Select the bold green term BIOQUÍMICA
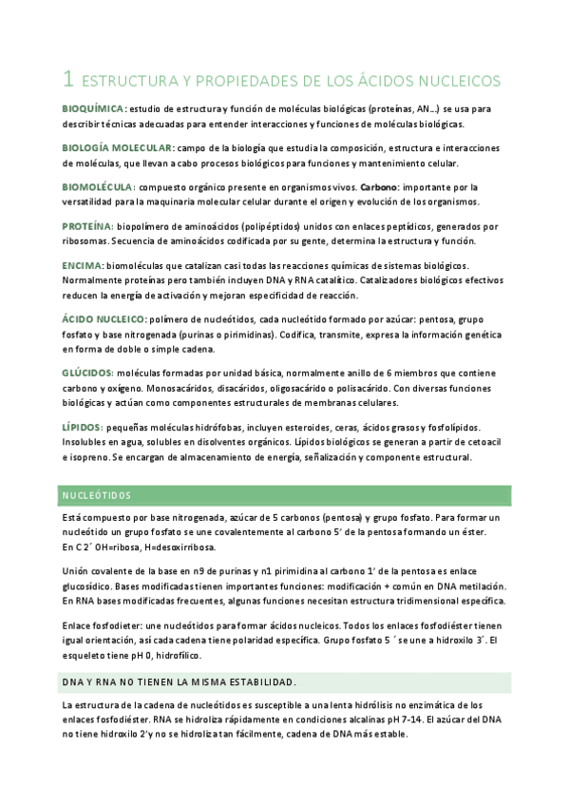tap(92, 109)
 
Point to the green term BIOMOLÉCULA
tap(97, 187)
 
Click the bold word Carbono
tap(379, 187)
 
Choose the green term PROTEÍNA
tap(87, 226)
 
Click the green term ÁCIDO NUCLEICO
tap(104, 318)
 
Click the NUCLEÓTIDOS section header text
tap(97, 496)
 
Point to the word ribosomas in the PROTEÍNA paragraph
tap(86, 241)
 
